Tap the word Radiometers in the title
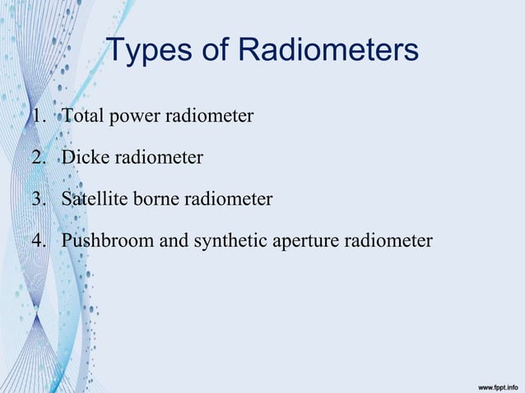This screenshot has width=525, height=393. (329, 51)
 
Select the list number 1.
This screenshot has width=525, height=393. (38, 117)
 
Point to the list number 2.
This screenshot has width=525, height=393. (38, 157)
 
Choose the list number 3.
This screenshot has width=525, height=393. (38, 199)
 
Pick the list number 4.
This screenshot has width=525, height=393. (38, 242)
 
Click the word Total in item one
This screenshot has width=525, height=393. (81, 117)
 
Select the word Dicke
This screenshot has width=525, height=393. (84, 157)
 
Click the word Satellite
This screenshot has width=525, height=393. (91, 199)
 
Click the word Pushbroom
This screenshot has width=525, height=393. (101, 242)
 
